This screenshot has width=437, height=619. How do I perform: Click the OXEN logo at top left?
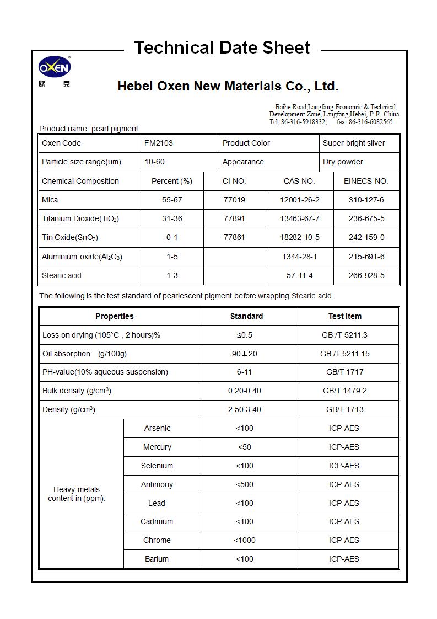click(55, 68)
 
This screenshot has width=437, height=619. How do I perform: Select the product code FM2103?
click(159, 143)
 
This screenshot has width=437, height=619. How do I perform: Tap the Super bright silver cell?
click(354, 143)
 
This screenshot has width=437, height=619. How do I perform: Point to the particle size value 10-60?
click(154, 162)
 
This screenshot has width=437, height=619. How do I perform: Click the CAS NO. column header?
click(299, 181)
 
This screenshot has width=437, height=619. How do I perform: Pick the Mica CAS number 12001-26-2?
click(299, 200)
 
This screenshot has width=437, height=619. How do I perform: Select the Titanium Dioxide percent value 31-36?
click(172, 218)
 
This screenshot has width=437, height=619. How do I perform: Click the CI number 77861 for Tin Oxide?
click(234, 237)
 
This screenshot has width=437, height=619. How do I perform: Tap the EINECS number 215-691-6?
click(366, 257)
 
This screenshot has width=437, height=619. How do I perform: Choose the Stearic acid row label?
click(62, 275)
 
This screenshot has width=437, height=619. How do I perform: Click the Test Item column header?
click(345, 316)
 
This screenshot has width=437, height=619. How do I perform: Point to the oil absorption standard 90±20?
click(245, 354)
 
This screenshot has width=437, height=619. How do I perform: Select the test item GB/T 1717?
click(345, 372)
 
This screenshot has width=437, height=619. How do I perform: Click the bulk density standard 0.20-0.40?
click(245, 391)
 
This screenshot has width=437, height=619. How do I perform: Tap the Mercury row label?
click(157, 447)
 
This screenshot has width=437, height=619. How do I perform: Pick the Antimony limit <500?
click(245, 484)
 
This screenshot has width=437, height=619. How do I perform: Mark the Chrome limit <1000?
click(245, 540)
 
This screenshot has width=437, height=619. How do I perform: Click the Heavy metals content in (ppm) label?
click(77, 494)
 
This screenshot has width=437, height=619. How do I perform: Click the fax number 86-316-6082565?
click(372, 121)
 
